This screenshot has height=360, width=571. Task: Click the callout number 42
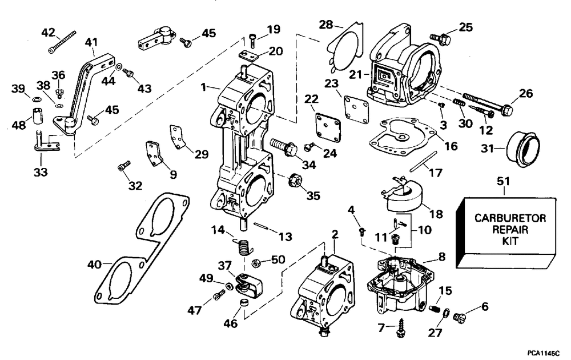click(48, 33)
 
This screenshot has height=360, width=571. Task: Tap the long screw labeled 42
click(62, 42)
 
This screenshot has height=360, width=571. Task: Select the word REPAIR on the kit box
click(510, 230)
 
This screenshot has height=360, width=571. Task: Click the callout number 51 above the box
click(504, 181)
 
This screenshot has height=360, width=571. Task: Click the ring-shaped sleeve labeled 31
click(524, 149)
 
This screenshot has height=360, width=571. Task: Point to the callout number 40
click(94, 264)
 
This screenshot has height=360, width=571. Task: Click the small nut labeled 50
click(256, 262)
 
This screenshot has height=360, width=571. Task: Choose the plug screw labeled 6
click(460, 317)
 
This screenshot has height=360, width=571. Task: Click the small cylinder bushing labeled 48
click(36, 115)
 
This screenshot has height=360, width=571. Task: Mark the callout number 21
click(356, 74)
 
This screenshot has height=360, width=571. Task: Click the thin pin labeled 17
click(423, 161)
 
